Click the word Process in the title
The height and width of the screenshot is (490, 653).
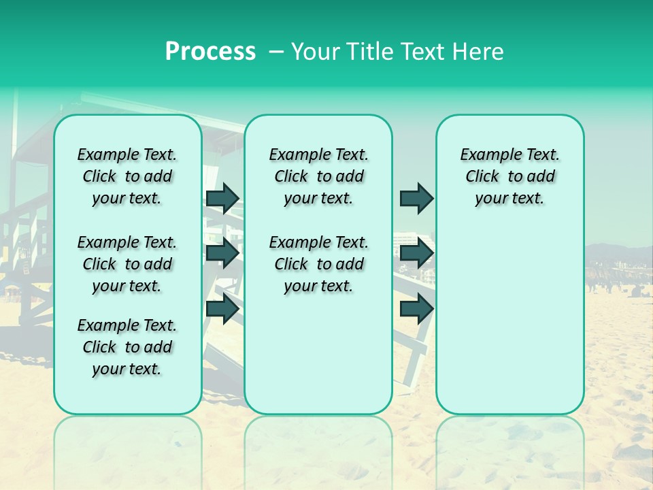tap(210, 52)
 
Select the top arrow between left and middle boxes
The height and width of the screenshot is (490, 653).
tap(222, 198)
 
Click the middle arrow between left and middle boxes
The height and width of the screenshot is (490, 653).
tap(222, 253)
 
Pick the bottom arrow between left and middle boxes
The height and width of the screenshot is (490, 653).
tap(222, 308)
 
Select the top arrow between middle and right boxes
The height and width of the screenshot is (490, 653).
tap(416, 198)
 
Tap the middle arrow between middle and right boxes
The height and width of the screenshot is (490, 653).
tap(416, 253)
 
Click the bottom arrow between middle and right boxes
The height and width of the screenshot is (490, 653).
tap(416, 308)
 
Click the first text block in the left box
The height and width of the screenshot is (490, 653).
tap(127, 176)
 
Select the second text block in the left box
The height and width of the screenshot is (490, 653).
tap(127, 264)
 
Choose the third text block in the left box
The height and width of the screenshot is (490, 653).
tap(127, 347)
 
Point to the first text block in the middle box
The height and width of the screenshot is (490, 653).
tap(318, 176)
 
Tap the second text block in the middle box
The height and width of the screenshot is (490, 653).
tap(318, 264)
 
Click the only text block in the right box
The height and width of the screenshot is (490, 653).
tap(509, 176)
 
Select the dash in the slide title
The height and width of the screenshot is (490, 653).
tap(276, 52)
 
